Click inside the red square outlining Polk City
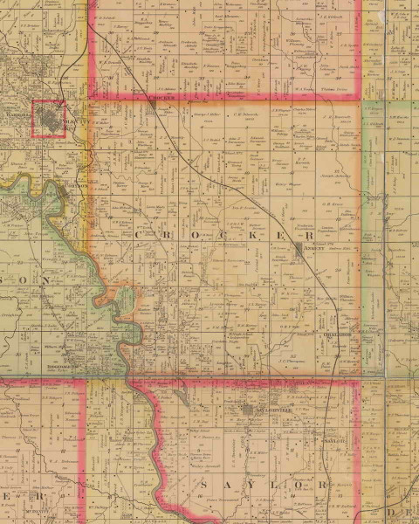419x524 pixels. pyautogui.click(x=49, y=119)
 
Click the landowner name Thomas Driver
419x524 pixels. pyautogui.click(x=327, y=89)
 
